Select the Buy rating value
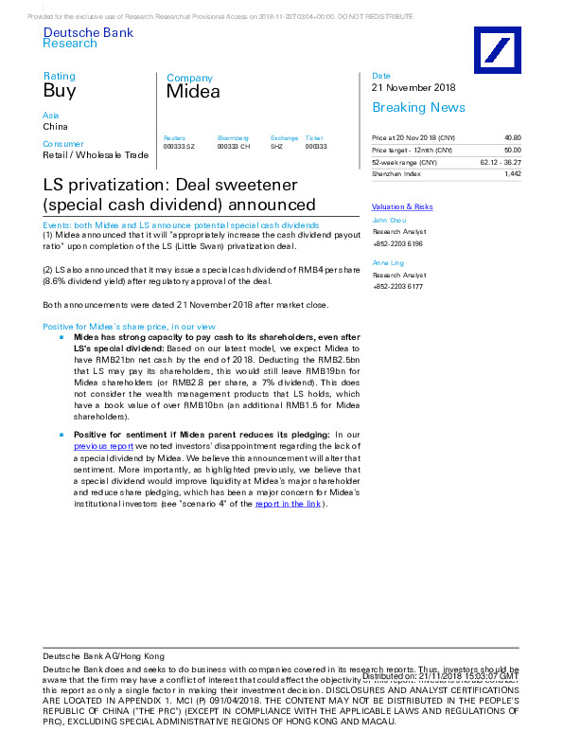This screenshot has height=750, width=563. tap(59, 91)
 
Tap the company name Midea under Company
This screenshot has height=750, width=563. tap(193, 92)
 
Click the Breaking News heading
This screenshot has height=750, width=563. tap(418, 107)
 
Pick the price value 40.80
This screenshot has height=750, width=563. tap(512, 137)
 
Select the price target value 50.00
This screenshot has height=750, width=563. tap(512, 150)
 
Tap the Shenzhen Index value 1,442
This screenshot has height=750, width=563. tap(512, 174)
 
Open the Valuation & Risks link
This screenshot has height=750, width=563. tap(402, 206)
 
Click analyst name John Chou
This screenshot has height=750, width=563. tap(389, 220)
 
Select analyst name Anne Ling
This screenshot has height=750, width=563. tap(388, 261)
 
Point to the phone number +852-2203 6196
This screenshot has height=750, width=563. tap(398, 243)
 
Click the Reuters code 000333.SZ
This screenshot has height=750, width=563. tap(179, 147)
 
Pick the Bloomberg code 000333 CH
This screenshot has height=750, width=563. tap(233, 147)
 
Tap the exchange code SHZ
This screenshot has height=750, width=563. tap(276, 147)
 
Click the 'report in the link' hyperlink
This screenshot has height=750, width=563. tap(288, 504)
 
